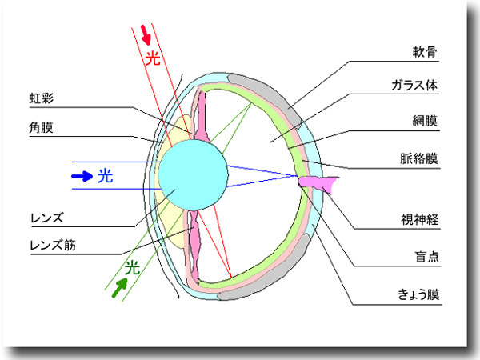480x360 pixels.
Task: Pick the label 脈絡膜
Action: point(418,158)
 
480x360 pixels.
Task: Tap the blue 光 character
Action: point(106,175)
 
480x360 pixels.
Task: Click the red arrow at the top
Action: point(146,34)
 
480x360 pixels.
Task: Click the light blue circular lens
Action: point(191,175)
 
